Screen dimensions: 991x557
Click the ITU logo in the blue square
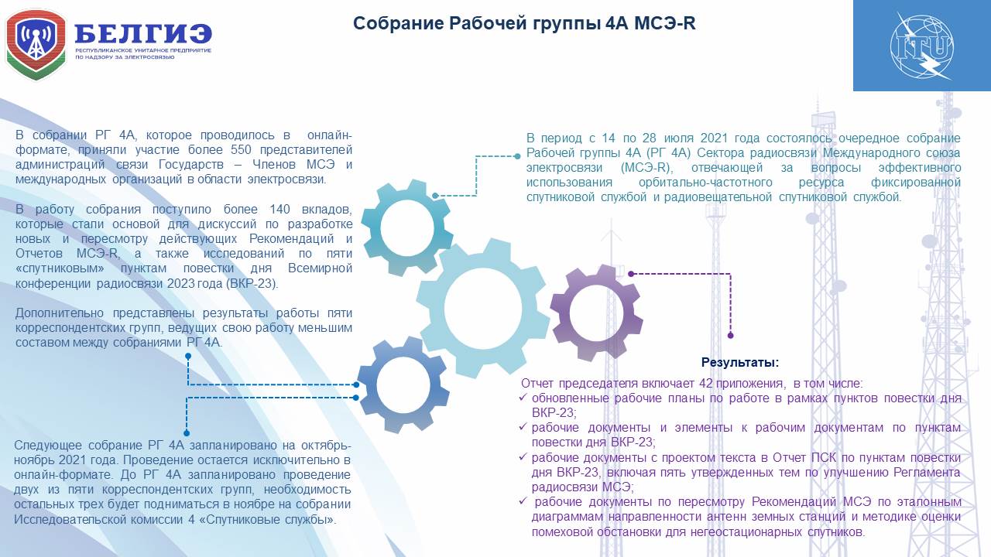point(922,46)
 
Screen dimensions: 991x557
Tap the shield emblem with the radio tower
point(36,45)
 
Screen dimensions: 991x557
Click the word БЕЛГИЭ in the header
point(143,33)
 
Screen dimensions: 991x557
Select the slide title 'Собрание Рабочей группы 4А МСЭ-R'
point(524,23)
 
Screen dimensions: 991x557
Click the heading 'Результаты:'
point(739,363)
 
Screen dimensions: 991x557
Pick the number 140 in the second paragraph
point(279,209)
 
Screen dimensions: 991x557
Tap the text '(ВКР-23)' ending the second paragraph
point(252,283)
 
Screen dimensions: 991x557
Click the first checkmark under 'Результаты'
point(523,398)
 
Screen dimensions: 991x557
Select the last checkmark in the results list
point(523,501)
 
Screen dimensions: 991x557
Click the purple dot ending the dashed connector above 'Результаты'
point(730,336)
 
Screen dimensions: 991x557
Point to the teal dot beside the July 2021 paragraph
point(517,156)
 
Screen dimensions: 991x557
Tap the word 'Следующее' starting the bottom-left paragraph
point(48,445)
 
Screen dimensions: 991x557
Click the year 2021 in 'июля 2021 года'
point(714,138)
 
